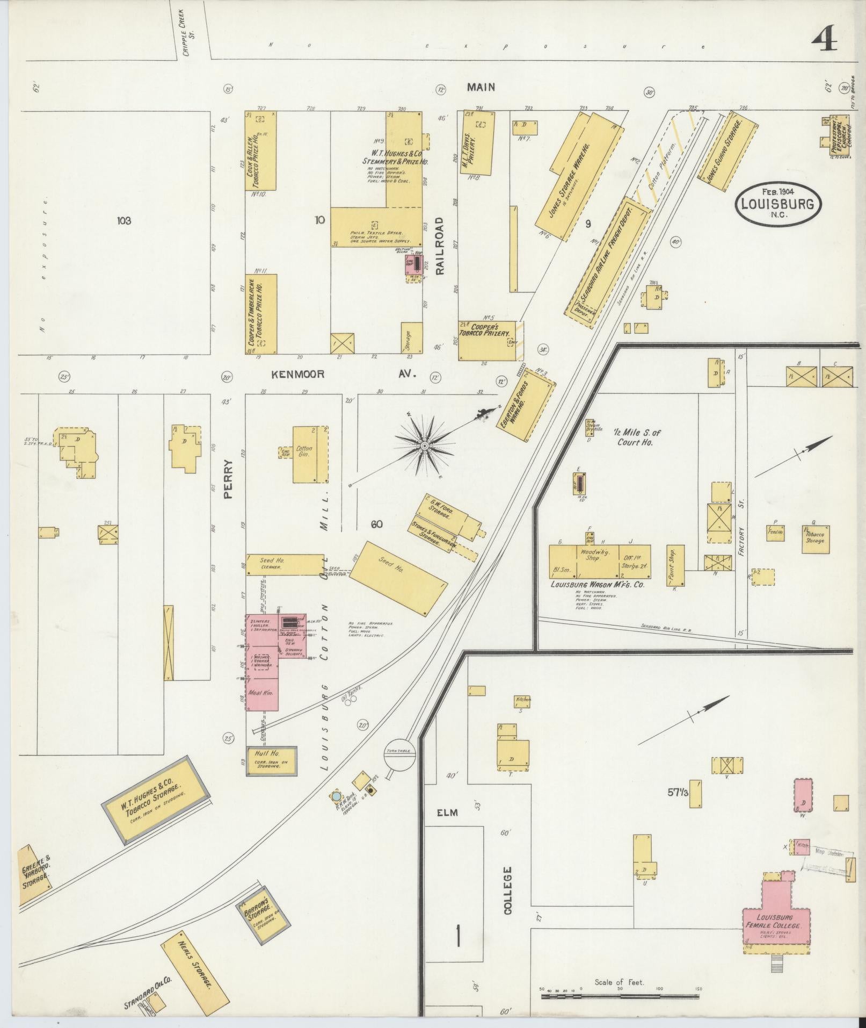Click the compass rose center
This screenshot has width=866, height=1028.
[x=424, y=446]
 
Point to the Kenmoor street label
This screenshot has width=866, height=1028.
[x=297, y=374]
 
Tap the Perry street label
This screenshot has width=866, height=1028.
[x=228, y=479]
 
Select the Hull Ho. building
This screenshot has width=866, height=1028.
[x=271, y=761]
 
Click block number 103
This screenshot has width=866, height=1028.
[x=123, y=220]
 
